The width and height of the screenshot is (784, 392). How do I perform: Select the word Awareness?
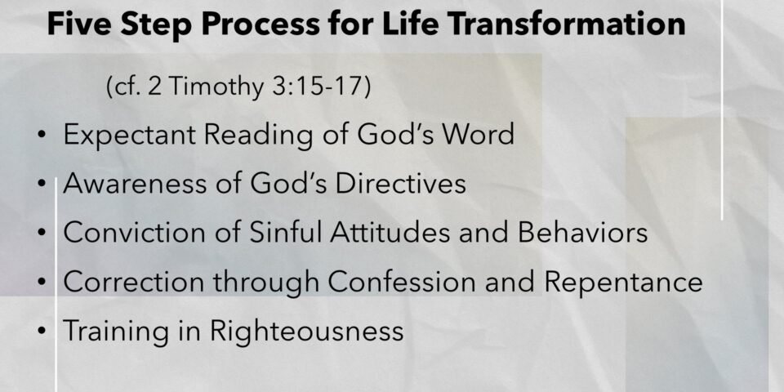[x=135, y=184]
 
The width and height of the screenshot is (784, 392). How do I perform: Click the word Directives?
[x=400, y=184]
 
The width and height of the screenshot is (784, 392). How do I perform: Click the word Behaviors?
[x=582, y=233]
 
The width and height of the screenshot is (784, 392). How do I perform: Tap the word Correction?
[x=133, y=282]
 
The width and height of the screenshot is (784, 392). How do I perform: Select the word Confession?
[x=402, y=282]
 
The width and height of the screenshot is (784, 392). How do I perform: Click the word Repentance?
[x=623, y=282]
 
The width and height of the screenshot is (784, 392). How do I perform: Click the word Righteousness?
[x=306, y=331]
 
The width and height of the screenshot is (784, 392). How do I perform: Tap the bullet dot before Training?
[x=42, y=331]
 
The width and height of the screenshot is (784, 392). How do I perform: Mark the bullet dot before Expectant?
[x=42, y=135]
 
